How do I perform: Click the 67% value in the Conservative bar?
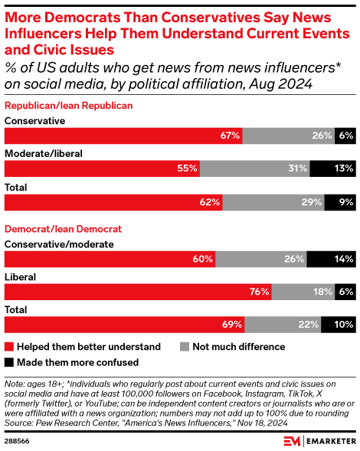point(230,136)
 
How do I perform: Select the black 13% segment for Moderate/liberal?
point(332,168)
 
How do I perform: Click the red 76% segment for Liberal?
point(138,292)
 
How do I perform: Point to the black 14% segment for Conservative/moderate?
point(331,259)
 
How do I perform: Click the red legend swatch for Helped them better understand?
point(10,347)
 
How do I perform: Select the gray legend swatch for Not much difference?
point(185,347)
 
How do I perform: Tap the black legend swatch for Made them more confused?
point(10,362)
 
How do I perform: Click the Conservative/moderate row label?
point(59,244)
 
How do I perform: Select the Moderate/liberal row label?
point(44,153)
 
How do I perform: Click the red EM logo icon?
point(291,440)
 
